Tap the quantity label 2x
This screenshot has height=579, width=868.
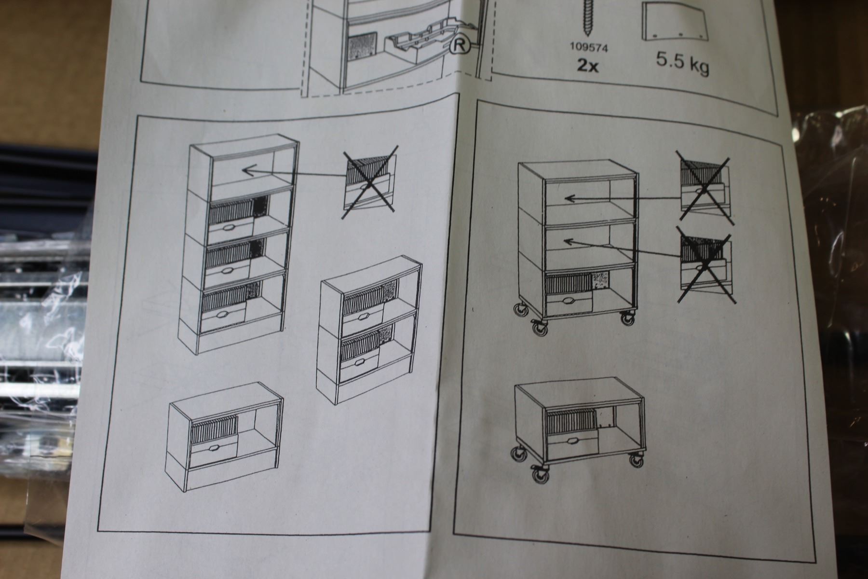point(588,65)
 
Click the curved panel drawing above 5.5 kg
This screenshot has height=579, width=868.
point(675,22)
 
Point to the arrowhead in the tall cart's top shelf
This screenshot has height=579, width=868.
point(570,198)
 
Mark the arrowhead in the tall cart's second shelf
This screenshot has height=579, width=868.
point(570,240)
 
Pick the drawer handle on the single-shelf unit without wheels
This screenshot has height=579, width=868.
point(214,449)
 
